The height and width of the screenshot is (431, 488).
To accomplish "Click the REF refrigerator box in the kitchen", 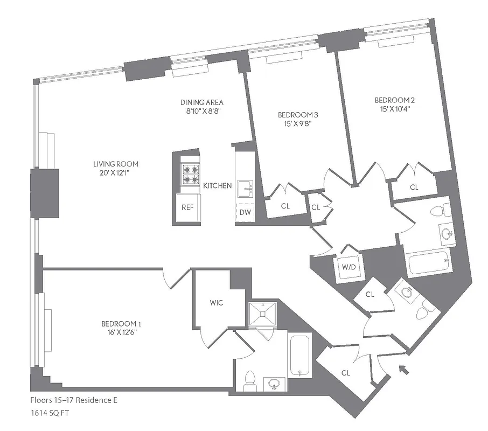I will pyautogui.click(x=187, y=207).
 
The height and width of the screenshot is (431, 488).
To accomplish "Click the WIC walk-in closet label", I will pyautogui.click(x=217, y=303).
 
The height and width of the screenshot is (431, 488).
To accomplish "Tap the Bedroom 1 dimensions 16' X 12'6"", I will pyautogui.click(x=121, y=332).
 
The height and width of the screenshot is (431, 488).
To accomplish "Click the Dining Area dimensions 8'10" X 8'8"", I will pyautogui.click(x=201, y=111).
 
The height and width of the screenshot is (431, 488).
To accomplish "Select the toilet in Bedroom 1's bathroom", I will pyautogui.click(x=249, y=380).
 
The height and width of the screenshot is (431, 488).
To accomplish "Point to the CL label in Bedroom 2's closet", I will pyautogui.click(x=414, y=187).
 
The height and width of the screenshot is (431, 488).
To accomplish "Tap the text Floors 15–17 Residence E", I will pyautogui.click(x=74, y=400).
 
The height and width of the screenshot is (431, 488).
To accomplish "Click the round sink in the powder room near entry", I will pyautogui.click(x=407, y=292).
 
